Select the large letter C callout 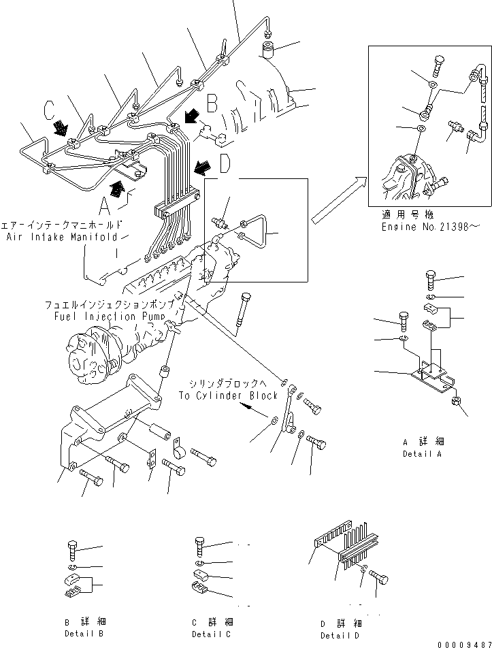pyautogui.click(x=48, y=110)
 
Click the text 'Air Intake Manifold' pyautogui.click(x=69, y=237)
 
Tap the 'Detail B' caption pyautogui.click(x=80, y=634)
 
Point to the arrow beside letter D pyautogui.click(x=201, y=166)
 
